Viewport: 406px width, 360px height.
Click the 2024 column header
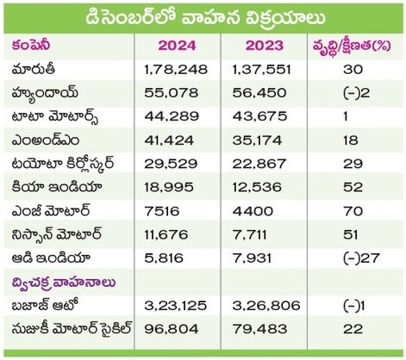(x=177, y=46)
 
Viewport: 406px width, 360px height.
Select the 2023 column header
(x=264, y=46)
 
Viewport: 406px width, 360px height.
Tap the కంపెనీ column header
(x=31, y=46)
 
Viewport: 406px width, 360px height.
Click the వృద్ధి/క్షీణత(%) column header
(x=352, y=47)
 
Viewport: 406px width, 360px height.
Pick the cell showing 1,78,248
(x=176, y=70)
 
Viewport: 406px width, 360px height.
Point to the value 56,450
(x=259, y=93)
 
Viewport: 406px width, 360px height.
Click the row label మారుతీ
(x=34, y=69)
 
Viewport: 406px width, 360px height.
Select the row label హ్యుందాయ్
(x=45, y=93)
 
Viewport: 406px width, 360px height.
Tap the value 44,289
(x=172, y=116)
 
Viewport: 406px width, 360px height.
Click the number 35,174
(x=257, y=140)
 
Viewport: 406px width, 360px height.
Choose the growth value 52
(x=353, y=188)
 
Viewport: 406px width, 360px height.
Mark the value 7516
(x=162, y=211)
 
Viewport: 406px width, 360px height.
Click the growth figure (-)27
(x=361, y=258)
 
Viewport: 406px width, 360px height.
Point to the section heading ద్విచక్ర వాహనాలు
(x=64, y=282)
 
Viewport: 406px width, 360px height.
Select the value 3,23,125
(x=176, y=306)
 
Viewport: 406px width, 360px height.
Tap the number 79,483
(x=259, y=329)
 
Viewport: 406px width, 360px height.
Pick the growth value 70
(x=353, y=211)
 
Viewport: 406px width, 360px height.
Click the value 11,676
(x=166, y=235)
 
